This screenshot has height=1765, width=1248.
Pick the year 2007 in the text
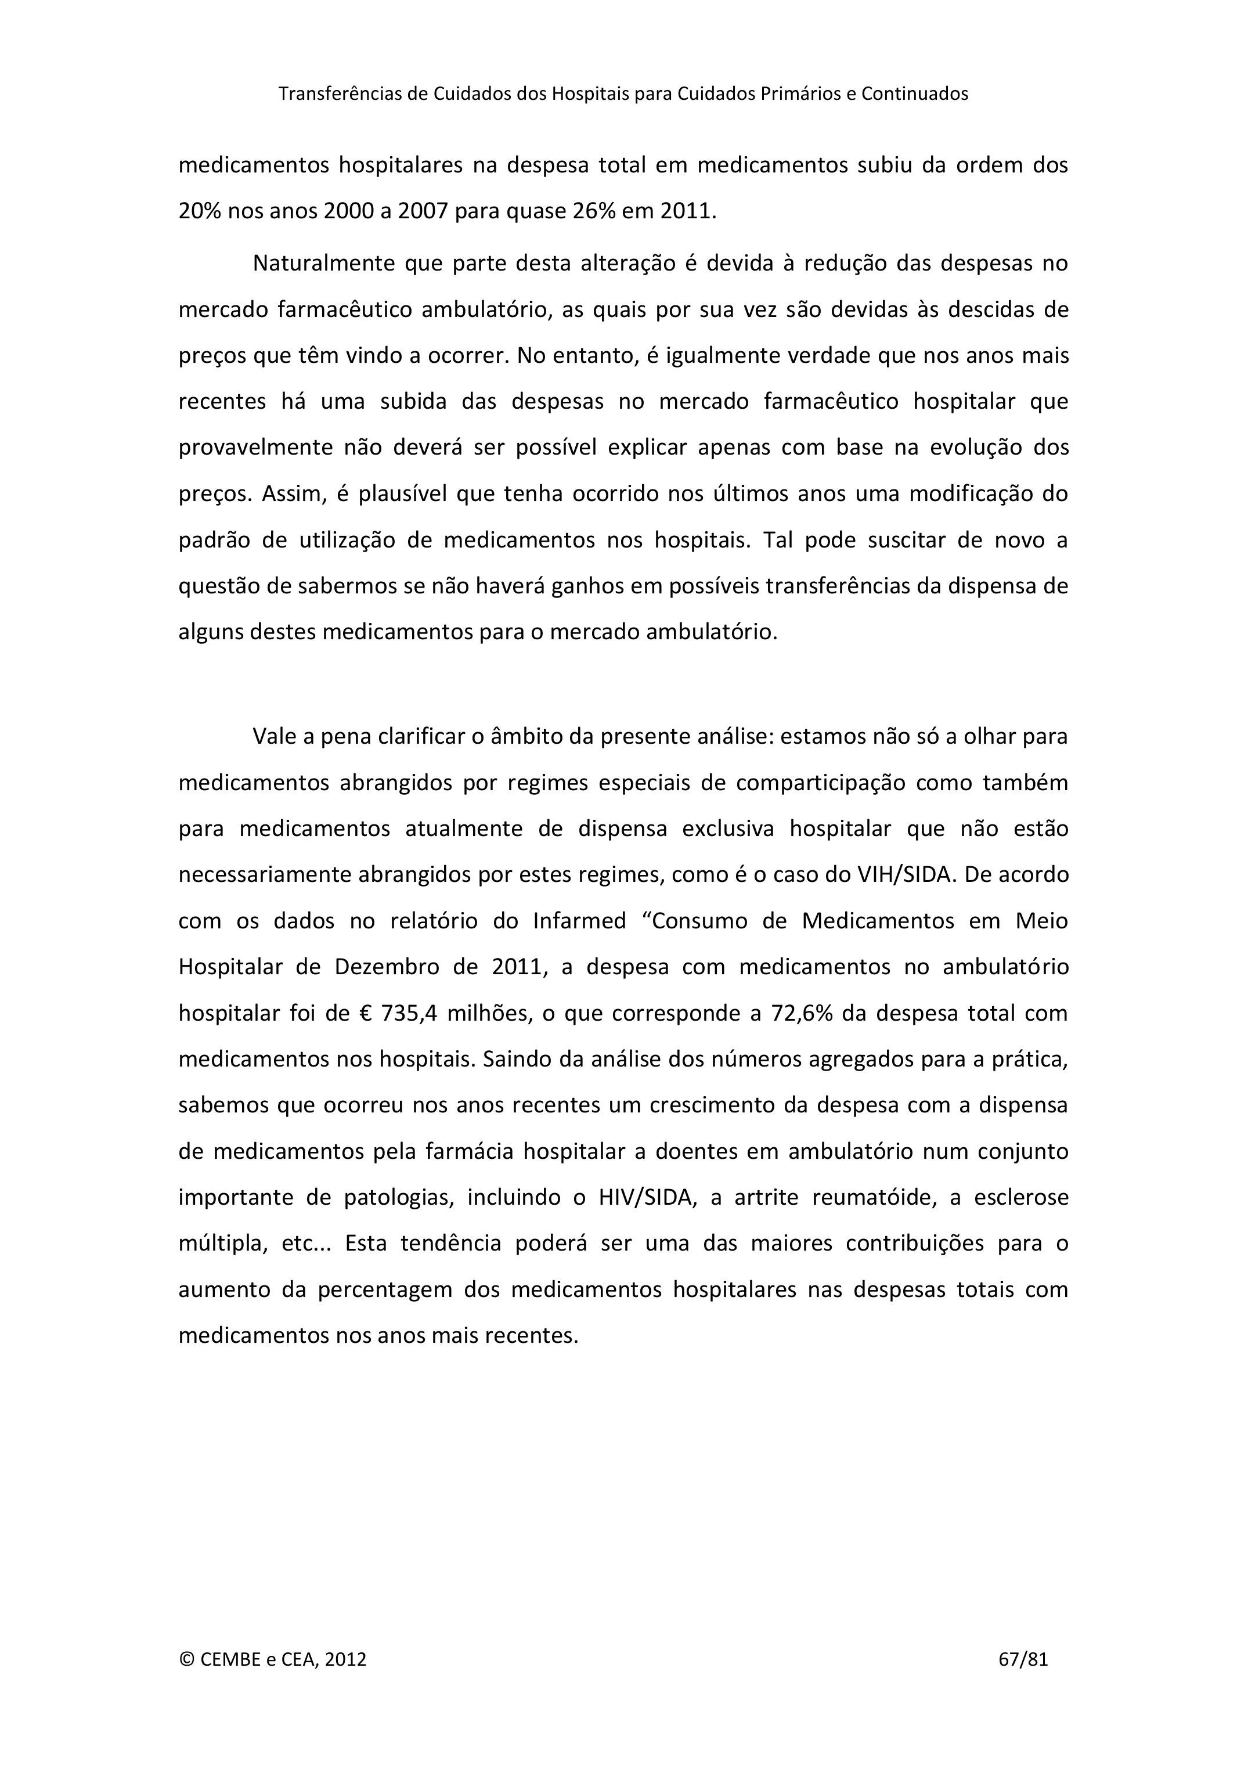[422, 211]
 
